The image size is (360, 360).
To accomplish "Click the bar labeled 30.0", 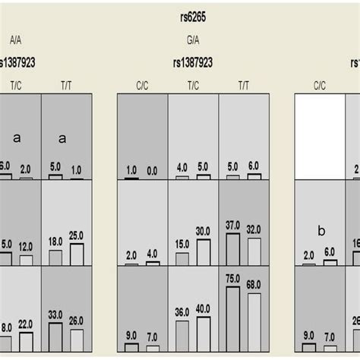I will (x=203, y=252).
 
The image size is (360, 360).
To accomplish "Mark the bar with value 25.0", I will (x=77, y=254).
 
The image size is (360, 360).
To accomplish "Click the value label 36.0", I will (x=182, y=311).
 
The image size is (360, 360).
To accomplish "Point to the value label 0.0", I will (x=152, y=172).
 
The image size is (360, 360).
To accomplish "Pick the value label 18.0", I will (x=55, y=242).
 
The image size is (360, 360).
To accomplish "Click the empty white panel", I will (x=320, y=137).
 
